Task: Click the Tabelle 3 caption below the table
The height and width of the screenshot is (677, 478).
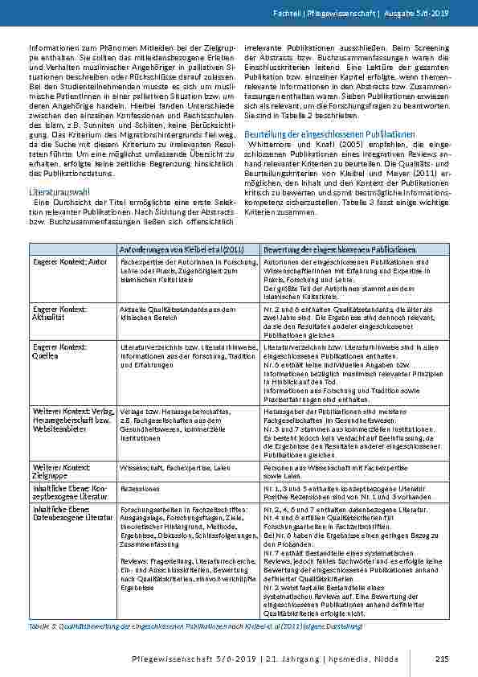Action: point(196,625)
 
